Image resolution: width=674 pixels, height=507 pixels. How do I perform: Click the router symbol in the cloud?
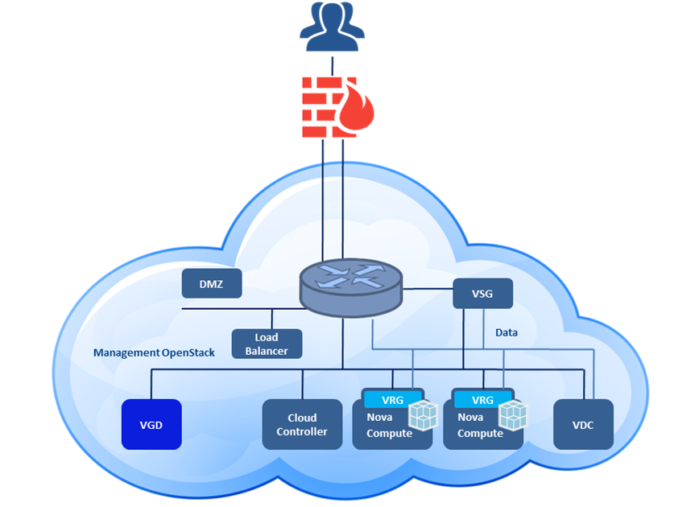pos(349,282)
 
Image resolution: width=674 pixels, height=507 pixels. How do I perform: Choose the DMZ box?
pos(211,282)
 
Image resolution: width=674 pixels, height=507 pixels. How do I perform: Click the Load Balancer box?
pos(267,344)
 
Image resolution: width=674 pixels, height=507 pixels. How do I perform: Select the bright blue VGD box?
pos(151,424)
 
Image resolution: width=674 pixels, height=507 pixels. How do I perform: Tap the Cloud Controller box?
pos(302,424)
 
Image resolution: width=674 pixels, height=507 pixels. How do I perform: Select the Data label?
pos(507,332)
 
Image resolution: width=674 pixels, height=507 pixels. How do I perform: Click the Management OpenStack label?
pos(154,352)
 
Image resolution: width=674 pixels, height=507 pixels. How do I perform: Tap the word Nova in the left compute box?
pos(381,418)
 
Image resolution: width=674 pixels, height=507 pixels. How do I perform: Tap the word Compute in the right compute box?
pos(480,433)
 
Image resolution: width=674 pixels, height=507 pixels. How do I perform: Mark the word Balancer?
pos(267,351)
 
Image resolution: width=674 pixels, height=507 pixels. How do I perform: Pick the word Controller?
pos(302,431)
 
